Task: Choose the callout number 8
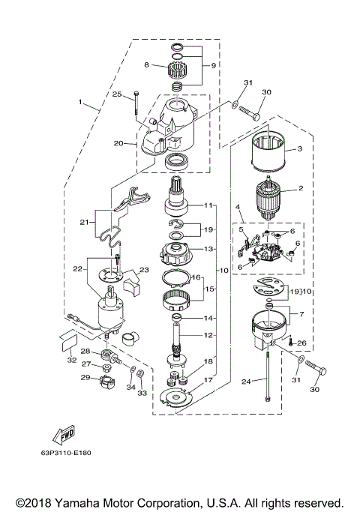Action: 147,65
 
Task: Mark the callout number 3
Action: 299,149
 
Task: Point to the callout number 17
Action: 208,380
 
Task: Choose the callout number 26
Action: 302,344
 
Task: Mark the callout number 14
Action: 208,318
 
